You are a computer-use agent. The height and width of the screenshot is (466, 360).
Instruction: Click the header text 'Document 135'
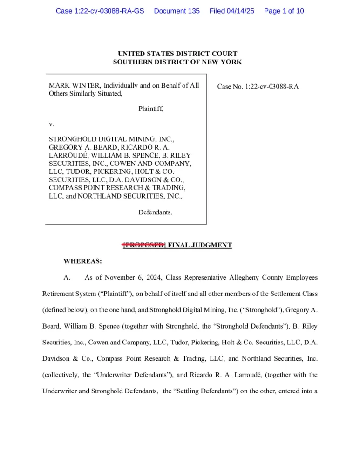177,11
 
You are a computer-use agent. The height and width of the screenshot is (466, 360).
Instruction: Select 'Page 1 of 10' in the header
284,11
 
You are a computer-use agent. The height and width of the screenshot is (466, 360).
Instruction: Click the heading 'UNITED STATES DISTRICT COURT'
177,54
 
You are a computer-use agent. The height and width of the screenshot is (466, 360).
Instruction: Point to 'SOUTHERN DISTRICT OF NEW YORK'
177,62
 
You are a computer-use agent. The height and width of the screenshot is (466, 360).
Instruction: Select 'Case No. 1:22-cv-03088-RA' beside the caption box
258,86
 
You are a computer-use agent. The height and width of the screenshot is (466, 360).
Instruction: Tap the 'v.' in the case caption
52,124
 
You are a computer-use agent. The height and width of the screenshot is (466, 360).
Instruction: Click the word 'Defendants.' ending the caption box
156,212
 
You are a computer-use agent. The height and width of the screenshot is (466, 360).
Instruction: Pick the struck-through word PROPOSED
144,245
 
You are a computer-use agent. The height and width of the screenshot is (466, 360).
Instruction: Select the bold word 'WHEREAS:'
82,261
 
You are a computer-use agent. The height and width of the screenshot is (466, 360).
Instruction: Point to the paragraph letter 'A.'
67,278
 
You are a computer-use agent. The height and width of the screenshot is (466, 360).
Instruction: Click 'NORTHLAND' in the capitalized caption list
96,196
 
